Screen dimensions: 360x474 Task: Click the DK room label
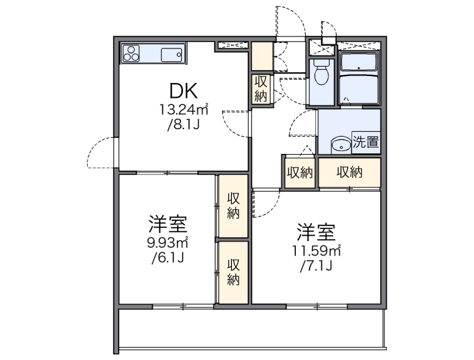(183, 91)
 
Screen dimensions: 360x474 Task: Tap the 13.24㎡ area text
(184, 110)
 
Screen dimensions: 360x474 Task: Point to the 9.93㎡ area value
(168, 242)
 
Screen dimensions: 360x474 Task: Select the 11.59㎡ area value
(316, 251)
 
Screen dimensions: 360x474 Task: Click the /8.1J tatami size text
(183, 125)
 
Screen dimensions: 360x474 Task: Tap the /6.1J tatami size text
(168, 258)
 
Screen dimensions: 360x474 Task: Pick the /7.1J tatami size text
(316, 266)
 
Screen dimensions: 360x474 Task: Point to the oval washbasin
(342, 145)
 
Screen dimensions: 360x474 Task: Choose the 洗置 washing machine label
(366, 142)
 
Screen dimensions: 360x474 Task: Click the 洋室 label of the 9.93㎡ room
(168, 224)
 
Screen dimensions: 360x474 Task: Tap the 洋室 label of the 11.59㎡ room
(316, 231)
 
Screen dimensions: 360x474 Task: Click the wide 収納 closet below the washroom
(349, 172)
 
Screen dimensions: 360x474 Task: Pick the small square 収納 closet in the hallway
(299, 173)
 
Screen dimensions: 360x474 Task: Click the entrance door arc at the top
(291, 21)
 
